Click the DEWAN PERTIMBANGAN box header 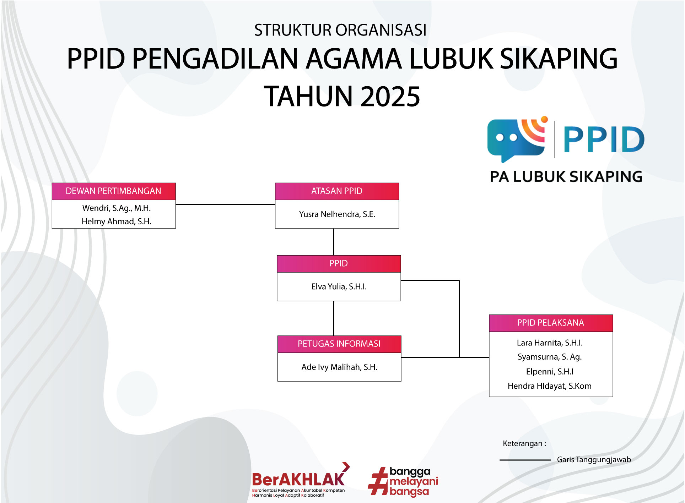click(114, 191)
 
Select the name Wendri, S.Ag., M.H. click(117, 208)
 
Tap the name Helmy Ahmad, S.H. click(117, 222)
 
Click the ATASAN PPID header click(337, 191)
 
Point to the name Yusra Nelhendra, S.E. click(337, 214)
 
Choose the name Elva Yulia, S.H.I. click(339, 286)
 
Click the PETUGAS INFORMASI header click(339, 344)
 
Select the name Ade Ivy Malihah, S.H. click(339, 367)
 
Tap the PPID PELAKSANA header click(551, 323)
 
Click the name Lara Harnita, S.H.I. click(550, 343)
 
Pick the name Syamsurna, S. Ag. click(550, 357)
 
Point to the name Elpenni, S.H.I click(550, 372)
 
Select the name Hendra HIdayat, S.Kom click(550, 386)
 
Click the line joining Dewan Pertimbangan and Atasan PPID click(225, 204)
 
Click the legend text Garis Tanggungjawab click(594, 460)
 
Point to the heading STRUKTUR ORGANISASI click(340, 30)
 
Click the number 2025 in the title click(390, 97)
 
